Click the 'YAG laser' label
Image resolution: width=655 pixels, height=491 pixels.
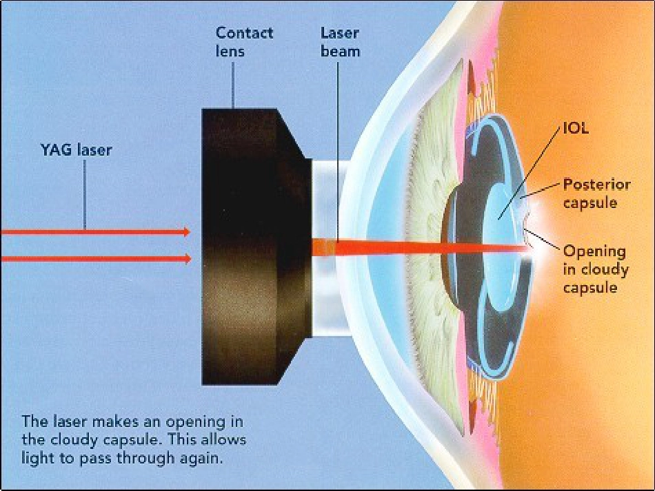[x=77, y=149]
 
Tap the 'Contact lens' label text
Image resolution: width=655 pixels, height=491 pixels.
[x=244, y=42]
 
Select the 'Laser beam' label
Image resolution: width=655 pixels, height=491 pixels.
[x=340, y=42]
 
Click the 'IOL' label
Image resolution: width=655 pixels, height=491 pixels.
[x=576, y=128]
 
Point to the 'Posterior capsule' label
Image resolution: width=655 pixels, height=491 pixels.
[x=596, y=194]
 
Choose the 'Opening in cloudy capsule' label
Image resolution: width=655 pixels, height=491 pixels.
[x=596, y=269]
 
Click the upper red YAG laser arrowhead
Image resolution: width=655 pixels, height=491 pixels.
[x=187, y=232]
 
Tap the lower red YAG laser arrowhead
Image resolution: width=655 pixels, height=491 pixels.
[x=187, y=259]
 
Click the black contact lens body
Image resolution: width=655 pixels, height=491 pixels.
[x=256, y=246]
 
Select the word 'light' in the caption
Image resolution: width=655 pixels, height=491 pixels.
[x=35, y=459]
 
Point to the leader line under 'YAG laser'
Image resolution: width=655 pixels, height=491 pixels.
[x=85, y=194]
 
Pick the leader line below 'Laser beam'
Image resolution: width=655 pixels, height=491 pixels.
[x=337, y=150]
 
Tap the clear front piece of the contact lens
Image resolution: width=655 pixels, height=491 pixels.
[x=330, y=246]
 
